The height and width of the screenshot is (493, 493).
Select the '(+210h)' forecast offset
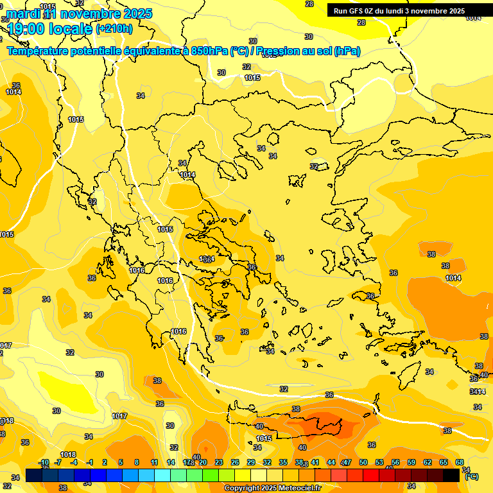coord(114,28)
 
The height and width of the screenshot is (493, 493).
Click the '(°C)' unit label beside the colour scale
coord(471,476)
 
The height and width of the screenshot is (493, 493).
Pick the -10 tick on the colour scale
coord(43,462)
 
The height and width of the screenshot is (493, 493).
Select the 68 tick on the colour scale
coord(460,462)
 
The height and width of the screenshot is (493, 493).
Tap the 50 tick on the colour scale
coord(363,462)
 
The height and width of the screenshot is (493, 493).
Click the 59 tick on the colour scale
coord(411,462)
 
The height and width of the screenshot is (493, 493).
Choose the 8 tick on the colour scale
coord(137,462)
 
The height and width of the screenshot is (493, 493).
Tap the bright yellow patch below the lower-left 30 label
coord(64,390)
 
